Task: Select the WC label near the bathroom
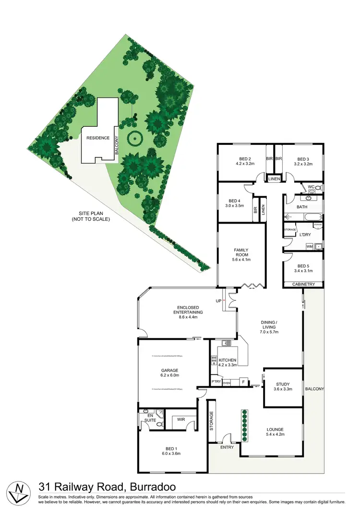pos(311,186)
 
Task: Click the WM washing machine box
pos(310,247)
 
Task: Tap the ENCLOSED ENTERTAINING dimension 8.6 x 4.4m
pos(189,318)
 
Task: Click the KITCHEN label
pos(228,359)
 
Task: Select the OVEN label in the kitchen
pos(227,383)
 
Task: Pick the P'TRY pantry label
pos(216,383)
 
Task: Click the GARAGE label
pos(169,370)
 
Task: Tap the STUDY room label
pos(283,383)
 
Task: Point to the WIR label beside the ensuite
pos(181,419)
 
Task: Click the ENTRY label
pos(227,447)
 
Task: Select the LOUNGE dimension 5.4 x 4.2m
pos(275,435)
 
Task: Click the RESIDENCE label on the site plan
pos(98,138)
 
